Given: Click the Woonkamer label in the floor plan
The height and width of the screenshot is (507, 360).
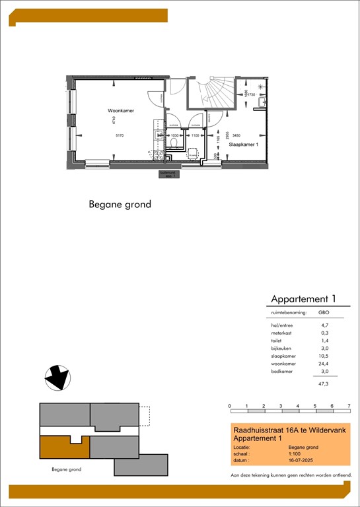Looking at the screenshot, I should pos(121,111).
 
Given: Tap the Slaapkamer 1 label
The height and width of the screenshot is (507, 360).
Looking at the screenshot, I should pos(242,144).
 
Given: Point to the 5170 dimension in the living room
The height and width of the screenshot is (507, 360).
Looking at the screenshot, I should pos(119,135).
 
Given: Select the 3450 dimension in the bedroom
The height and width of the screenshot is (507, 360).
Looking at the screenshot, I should pos(236,135).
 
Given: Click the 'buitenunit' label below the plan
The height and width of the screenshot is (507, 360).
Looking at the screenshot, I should pos(168,174).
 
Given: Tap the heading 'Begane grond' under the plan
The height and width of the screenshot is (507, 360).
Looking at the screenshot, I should pos(120,205).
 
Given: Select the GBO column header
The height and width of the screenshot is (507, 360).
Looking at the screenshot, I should pos(324,312).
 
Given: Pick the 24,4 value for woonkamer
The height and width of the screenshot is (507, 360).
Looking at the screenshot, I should pos(324,364).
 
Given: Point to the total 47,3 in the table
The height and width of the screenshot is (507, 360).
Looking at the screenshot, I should pos(324,383).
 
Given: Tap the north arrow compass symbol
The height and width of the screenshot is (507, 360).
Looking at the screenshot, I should pos(57,378).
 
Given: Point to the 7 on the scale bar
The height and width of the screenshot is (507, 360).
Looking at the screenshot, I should pos(349,405).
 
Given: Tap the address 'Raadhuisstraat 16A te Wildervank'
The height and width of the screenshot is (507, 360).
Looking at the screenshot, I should pos(288,430).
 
